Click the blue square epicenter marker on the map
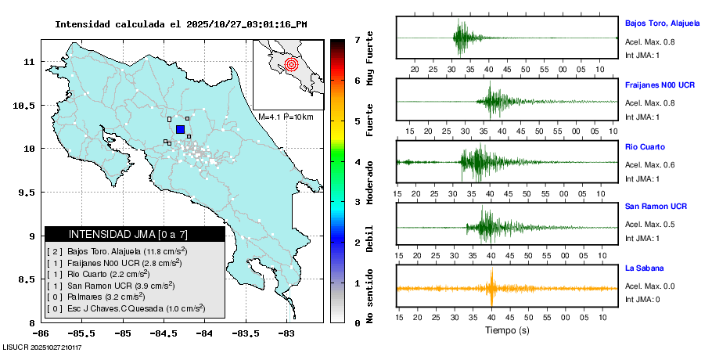click(180, 129)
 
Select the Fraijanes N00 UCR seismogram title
click(660, 85)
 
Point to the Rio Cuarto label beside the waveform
click(645, 146)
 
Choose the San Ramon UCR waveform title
click(656, 207)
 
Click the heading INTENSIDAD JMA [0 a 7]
click(135, 234)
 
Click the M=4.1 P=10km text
click(286, 117)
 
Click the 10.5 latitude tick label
click(26, 105)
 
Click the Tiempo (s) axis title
click(506, 330)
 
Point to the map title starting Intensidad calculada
click(181, 24)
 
